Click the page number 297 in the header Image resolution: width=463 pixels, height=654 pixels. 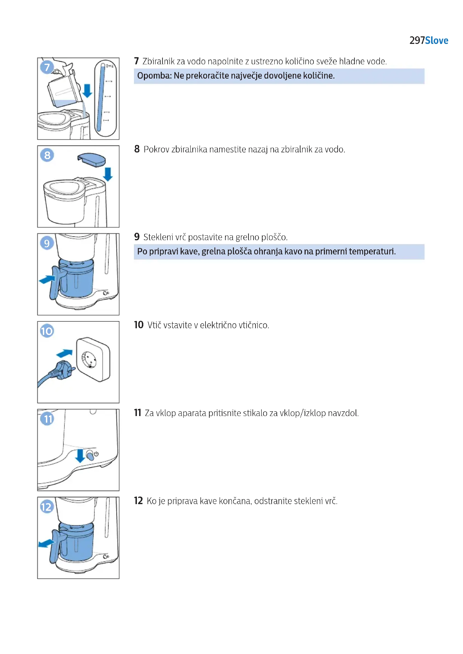pyautogui.click(x=417, y=41)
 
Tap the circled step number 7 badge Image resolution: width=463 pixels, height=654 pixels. pyautogui.click(x=47, y=67)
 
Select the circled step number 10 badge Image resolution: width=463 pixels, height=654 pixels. pyautogui.click(x=47, y=331)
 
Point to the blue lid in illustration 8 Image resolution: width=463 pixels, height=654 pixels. pyautogui.click(x=92, y=159)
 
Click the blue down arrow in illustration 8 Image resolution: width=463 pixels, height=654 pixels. pyautogui.click(x=108, y=174)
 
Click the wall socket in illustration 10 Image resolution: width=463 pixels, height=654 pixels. pyautogui.click(x=93, y=359)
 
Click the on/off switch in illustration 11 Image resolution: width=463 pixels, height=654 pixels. pyautogui.click(x=90, y=455)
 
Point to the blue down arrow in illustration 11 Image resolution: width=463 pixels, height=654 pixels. pyautogui.click(x=80, y=455)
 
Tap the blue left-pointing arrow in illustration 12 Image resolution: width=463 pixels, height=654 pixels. pyautogui.click(x=46, y=544)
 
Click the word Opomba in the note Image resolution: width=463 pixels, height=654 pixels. pyautogui.click(x=154, y=76)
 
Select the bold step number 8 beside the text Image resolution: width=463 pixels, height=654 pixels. pyautogui.click(x=137, y=149)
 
